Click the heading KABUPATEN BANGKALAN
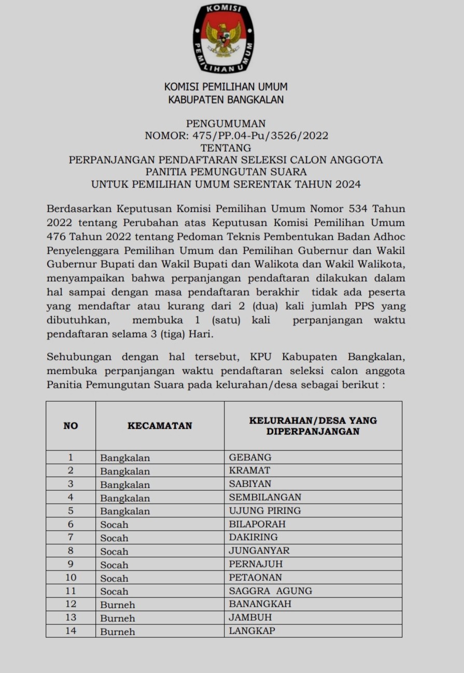tap(226, 100)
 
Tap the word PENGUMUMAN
tap(226, 124)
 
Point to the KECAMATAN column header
tap(160, 426)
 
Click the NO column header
tap(71, 426)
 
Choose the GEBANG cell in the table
tap(250, 458)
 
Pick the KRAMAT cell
tap(250, 471)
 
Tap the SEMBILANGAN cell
tap(265, 498)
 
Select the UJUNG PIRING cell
tap(265, 511)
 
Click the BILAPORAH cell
tap(257, 524)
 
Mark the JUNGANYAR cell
tap(259, 551)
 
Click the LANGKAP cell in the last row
tap(252, 631)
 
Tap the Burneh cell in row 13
tap(118, 618)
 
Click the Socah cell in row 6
tap(114, 524)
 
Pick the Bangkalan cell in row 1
tap(125, 458)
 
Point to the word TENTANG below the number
tap(226, 148)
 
